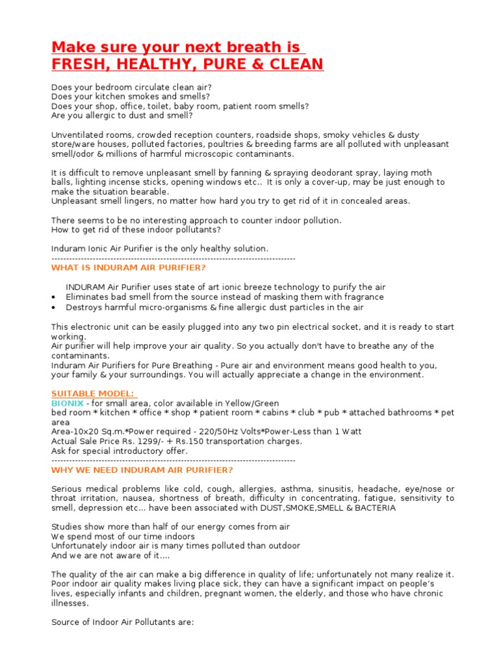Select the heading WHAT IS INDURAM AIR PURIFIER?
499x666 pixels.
(x=128, y=268)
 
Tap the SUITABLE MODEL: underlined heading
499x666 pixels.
(x=93, y=393)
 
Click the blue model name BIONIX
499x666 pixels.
(x=67, y=403)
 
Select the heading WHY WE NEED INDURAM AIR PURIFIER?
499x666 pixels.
(x=142, y=470)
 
